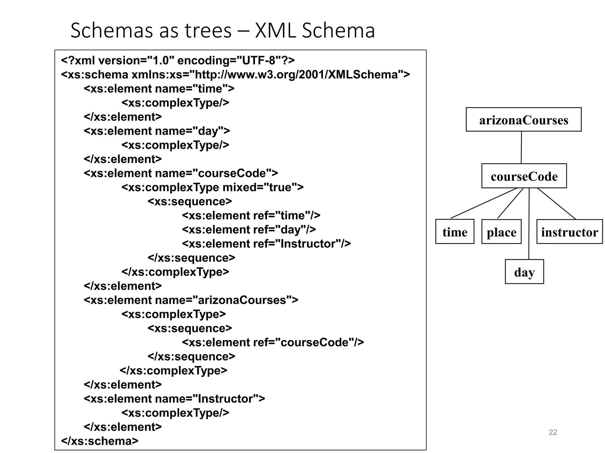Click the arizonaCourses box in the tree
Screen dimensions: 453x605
(523, 120)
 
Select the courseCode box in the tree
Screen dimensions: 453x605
(524, 176)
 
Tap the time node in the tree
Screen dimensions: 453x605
(455, 232)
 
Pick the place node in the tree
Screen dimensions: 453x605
(501, 232)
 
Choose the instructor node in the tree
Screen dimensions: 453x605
(569, 232)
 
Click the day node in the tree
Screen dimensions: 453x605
(524, 272)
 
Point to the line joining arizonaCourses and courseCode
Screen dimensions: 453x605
(521, 147)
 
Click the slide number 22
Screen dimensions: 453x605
(553, 432)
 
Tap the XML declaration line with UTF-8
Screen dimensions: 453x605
(178, 60)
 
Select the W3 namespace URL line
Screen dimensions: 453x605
(235, 75)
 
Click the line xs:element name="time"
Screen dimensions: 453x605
(159, 88)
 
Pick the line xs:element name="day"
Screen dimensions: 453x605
(157, 131)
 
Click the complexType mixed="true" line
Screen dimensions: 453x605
(212, 187)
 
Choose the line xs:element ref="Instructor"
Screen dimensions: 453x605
(266, 244)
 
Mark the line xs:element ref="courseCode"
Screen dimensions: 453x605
(273, 342)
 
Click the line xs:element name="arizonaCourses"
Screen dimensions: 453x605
(191, 300)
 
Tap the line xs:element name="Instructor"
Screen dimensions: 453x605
(174, 399)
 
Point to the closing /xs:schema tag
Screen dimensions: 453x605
(100, 441)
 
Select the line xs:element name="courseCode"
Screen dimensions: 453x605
(181, 173)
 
